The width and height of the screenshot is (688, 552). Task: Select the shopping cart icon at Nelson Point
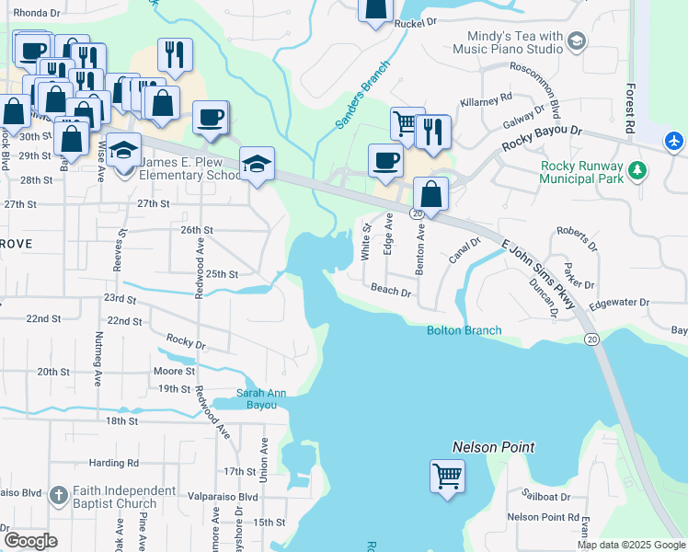pos(447,477)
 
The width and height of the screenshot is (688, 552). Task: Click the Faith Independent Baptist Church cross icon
pos(58,495)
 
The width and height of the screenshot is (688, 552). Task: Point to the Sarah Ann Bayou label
pos(262,398)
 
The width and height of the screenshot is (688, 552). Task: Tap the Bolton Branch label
pos(464,330)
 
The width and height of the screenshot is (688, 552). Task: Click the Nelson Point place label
pos(493,447)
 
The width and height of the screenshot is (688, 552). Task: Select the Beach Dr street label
pos(390,290)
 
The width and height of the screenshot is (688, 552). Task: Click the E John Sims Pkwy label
pos(539,275)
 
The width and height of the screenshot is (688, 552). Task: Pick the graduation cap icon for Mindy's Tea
pos(577,41)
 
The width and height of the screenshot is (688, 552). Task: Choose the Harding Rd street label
pos(114,463)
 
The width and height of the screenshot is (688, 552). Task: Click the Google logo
pos(30,541)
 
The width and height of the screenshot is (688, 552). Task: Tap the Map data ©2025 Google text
pos(630,545)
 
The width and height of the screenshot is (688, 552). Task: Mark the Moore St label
pos(174,372)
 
